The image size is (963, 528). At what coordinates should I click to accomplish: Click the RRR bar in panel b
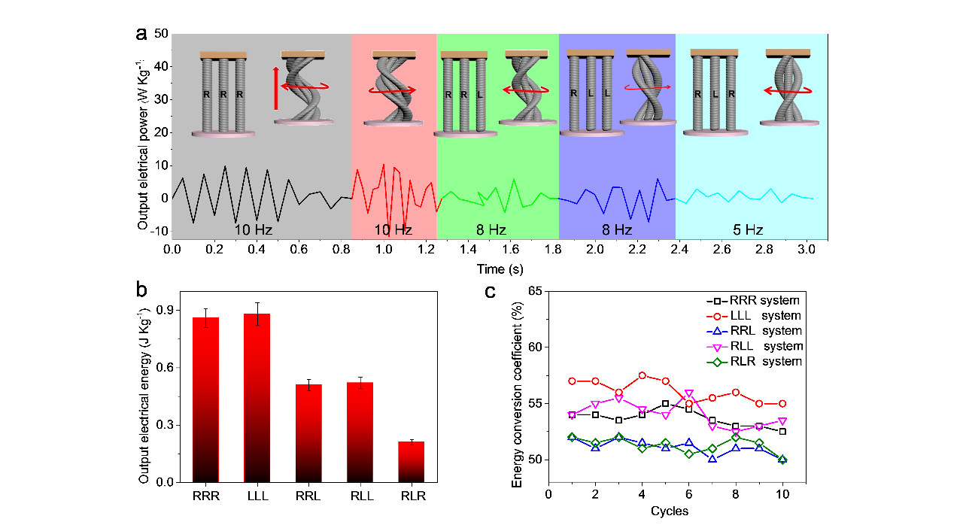(205, 399)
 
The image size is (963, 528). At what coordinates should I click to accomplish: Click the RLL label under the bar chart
(360, 498)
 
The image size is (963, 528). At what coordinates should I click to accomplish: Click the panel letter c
(490, 292)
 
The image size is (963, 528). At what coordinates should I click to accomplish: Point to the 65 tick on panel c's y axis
(536, 290)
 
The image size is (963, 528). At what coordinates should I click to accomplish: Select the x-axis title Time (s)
(500, 269)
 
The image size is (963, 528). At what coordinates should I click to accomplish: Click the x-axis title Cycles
(669, 511)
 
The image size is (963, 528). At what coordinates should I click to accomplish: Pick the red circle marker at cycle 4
(642, 375)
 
